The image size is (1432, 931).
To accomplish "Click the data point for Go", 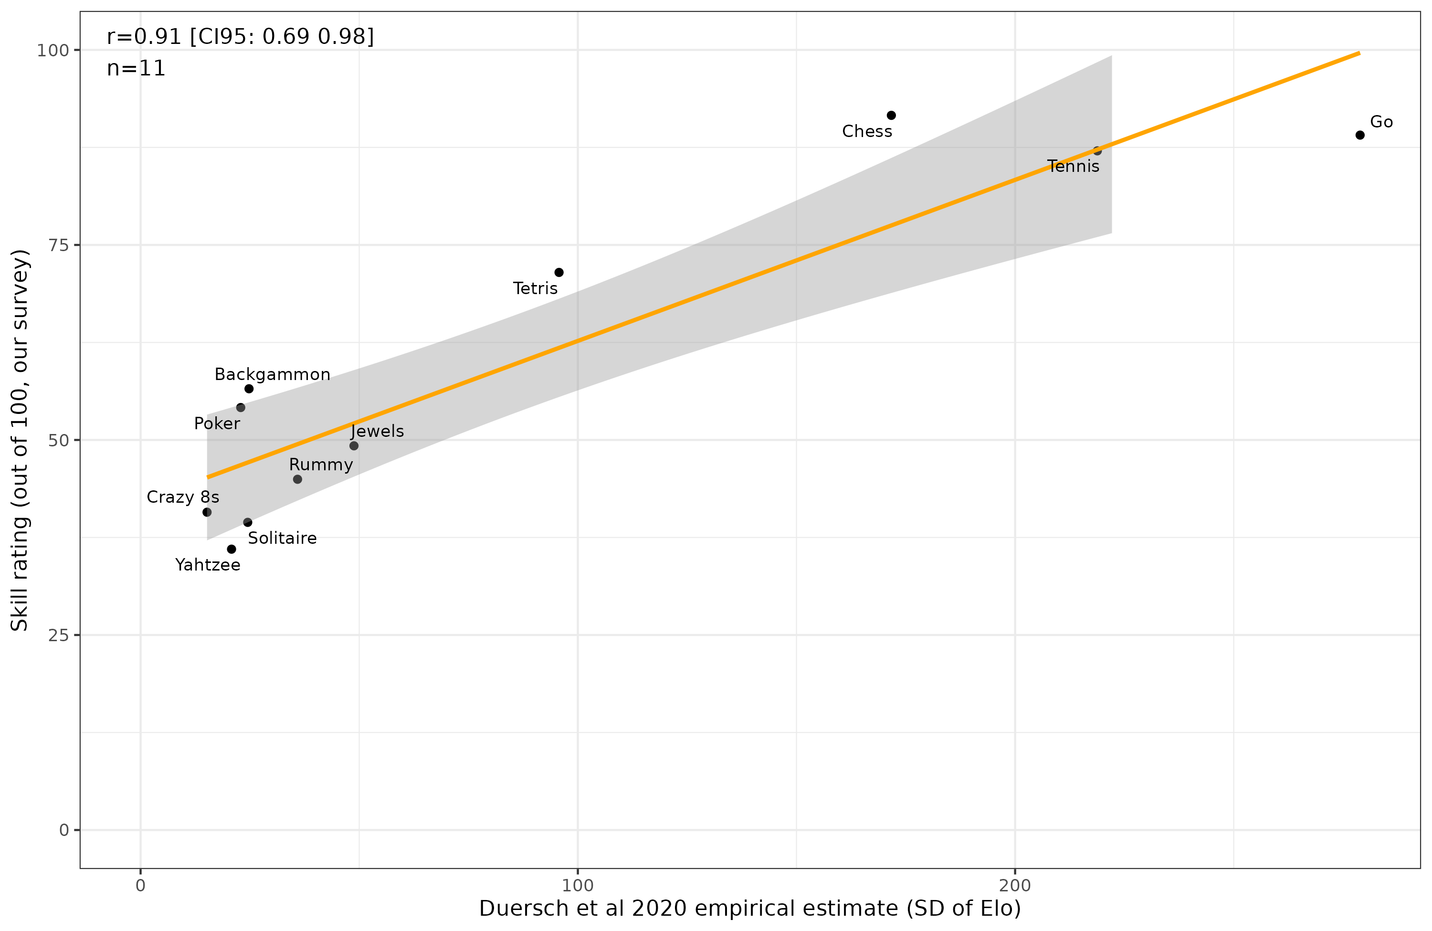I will coord(1360,135).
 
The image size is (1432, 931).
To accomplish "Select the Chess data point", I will coord(891,116).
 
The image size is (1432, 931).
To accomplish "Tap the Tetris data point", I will coord(559,273).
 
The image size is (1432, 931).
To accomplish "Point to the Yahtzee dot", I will coord(232,549).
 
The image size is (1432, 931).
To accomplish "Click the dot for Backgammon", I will coord(249,389).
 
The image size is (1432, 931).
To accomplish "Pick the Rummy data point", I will coord(297,479).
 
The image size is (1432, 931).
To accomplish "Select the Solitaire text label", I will coord(282,538).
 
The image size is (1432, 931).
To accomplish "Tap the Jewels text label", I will coord(377,431).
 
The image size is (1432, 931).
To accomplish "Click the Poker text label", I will coord(217,423).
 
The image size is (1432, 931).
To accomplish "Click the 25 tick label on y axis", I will coord(58,635).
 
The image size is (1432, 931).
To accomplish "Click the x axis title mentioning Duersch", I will coord(750,909).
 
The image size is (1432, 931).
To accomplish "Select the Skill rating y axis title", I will coord(20,440).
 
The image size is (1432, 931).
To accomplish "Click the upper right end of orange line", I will coord(1358,53).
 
